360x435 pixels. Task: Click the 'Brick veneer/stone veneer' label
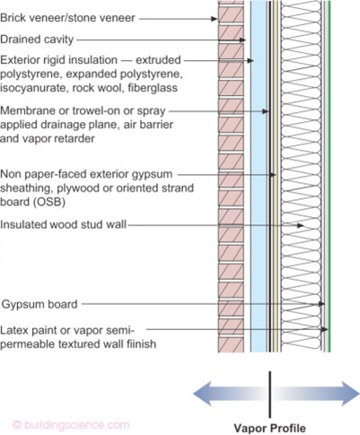tap(67, 18)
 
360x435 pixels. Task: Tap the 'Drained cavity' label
tap(37, 39)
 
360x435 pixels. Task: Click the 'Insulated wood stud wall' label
tap(63, 224)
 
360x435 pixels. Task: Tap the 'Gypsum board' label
tap(40, 304)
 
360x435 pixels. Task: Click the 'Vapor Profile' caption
tap(269, 428)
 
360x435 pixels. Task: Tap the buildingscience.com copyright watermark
tap(71, 425)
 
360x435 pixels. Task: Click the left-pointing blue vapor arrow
tap(231, 393)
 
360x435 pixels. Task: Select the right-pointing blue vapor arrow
tap(317, 393)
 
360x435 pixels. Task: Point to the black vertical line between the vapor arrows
tap(270, 395)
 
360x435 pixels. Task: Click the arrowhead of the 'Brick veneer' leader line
tap(215, 19)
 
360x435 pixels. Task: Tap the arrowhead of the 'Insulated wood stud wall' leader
tap(301, 225)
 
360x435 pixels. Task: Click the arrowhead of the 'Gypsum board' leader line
tap(321, 304)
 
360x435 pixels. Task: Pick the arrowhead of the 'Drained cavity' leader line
tap(242, 40)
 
